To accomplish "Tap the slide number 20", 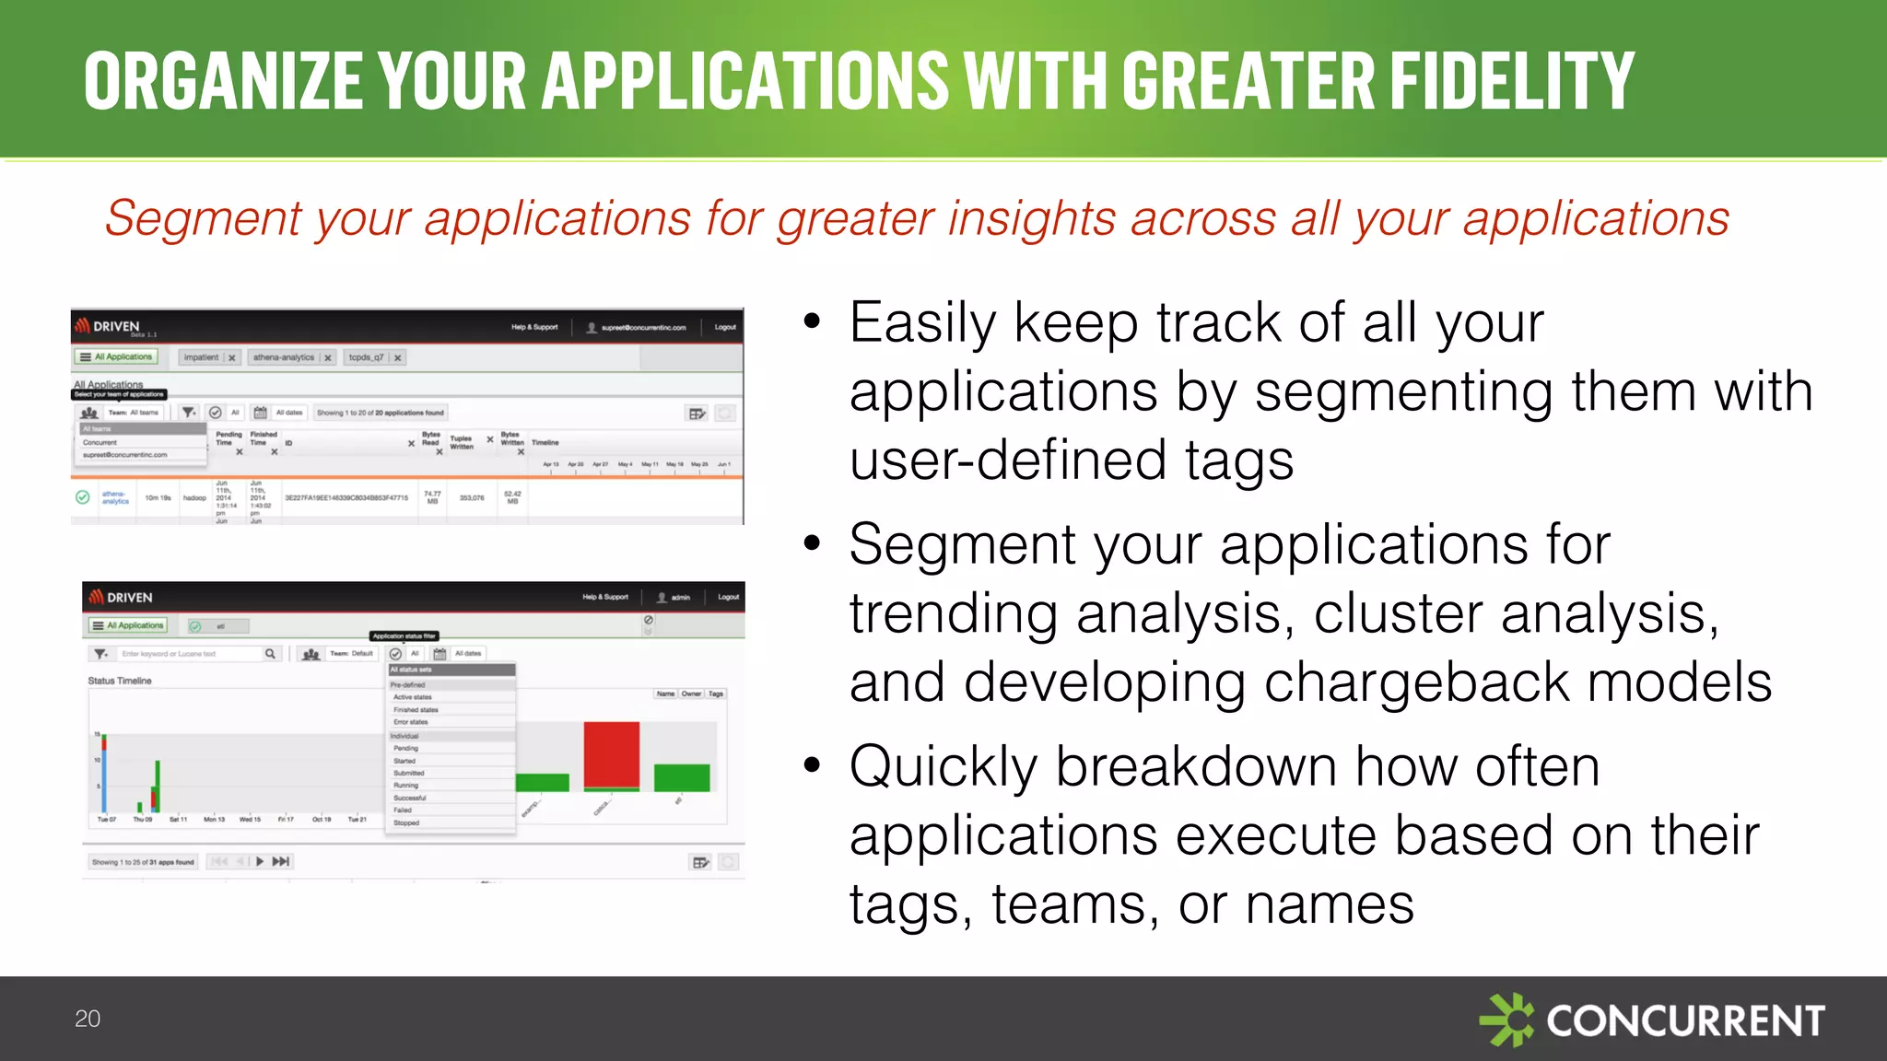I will (88, 1019).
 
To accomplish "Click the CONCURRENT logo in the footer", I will (1652, 1020).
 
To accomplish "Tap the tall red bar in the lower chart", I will (611, 754).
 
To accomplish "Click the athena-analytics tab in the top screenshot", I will (284, 357).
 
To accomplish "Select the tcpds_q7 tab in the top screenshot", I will (366, 357).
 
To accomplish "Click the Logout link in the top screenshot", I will (725, 327).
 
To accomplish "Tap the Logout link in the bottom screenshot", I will (728, 597).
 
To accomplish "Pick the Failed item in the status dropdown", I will (403, 810).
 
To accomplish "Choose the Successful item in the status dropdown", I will (409, 798).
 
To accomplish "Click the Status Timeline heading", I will (120, 681).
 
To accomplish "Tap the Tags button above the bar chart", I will (716, 694).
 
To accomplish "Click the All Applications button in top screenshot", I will (116, 357).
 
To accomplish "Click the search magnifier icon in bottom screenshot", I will (270, 654).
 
